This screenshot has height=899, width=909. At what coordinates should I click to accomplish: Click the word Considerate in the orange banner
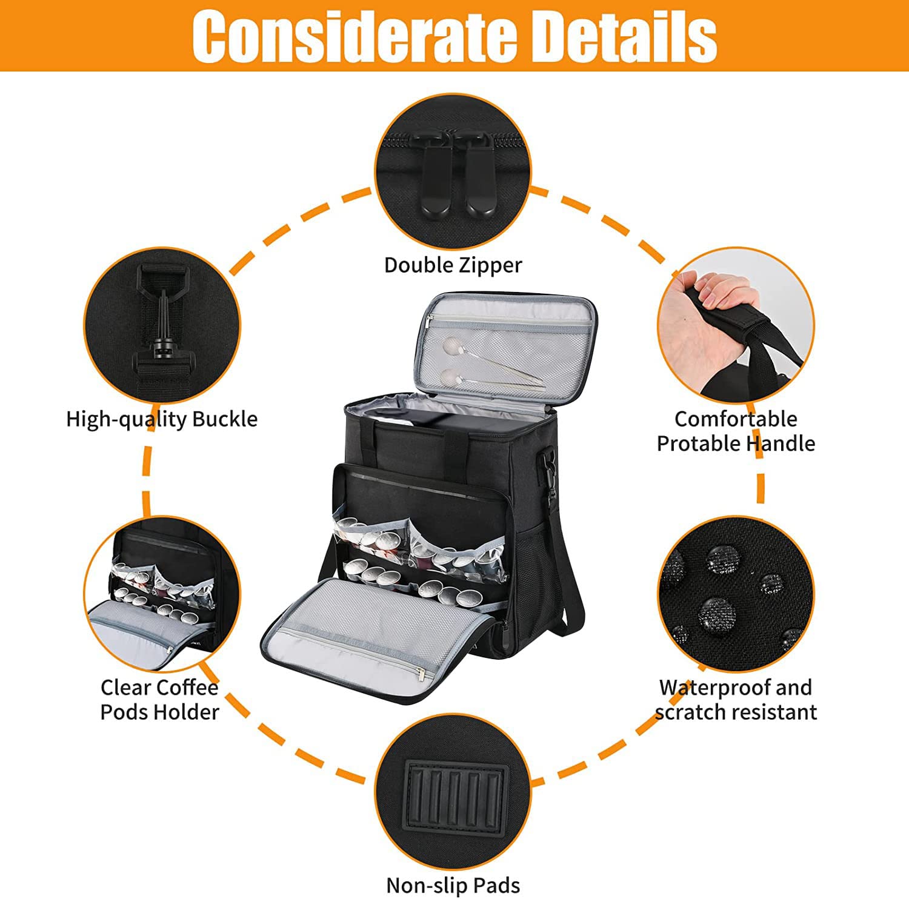357,36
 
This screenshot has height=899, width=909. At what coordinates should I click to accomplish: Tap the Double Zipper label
453,265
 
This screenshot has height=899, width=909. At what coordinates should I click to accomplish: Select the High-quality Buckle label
161,419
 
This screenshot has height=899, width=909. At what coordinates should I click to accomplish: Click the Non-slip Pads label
453,885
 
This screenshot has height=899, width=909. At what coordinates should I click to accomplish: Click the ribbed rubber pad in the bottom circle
457,793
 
